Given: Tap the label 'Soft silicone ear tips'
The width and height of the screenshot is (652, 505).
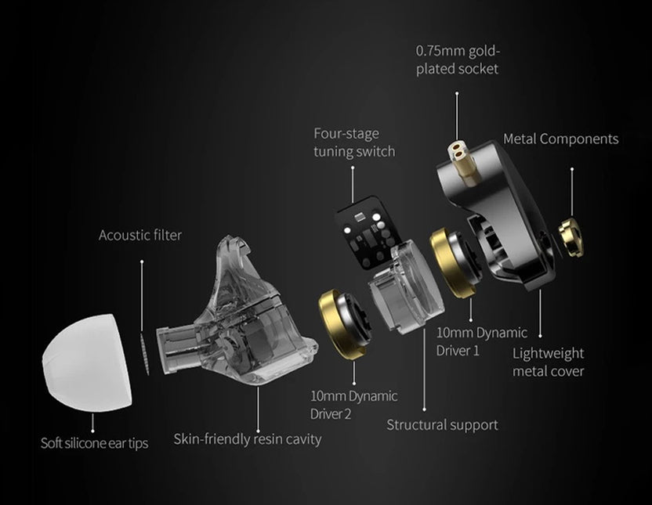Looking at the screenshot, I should coord(94,443).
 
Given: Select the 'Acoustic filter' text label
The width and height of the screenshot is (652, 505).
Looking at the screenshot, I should coord(140,235).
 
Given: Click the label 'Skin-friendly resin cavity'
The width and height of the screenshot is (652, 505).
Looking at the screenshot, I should coord(248,439).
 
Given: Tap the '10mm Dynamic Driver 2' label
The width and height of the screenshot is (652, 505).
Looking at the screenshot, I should coord(353,404).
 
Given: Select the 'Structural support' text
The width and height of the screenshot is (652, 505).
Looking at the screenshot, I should coord(442,424).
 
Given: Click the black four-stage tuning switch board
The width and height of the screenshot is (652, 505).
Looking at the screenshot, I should coord(368,230).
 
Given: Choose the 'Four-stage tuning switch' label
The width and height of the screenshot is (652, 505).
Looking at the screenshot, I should coord(354,142).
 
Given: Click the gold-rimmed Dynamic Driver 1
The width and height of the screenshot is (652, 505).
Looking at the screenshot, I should coord(455,263).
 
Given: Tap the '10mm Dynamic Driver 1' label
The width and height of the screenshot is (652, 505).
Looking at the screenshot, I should coord(481,342).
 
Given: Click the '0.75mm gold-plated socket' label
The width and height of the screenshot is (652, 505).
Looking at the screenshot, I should coord(458,60).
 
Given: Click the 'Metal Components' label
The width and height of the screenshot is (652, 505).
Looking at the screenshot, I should coord(560,139).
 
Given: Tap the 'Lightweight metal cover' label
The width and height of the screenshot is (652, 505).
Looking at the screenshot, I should coord(548,362).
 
